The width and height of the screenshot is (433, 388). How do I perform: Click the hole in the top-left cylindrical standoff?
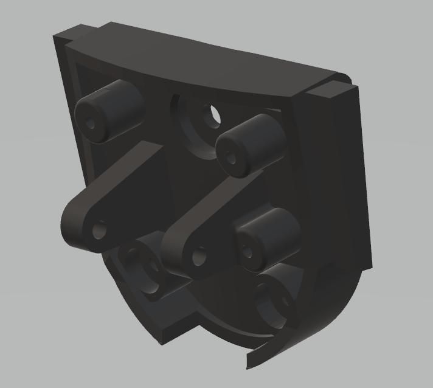pyautogui.click(x=91, y=123)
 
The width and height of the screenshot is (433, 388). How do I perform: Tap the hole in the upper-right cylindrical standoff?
pyautogui.click(x=232, y=158)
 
